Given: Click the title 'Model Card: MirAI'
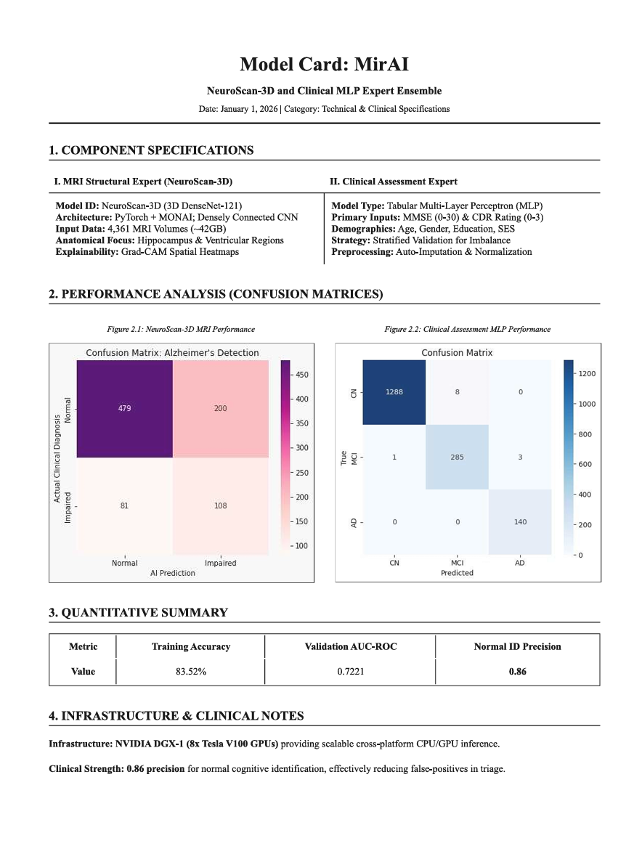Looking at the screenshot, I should pyautogui.click(x=324, y=65).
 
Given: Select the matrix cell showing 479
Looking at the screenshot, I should pyautogui.click(x=124, y=408).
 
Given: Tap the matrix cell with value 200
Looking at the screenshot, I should pyautogui.click(x=220, y=408).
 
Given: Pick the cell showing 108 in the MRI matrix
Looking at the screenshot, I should pyautogui.click(x=220, y=505).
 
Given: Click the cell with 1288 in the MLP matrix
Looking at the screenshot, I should pyautogui.click(x=394, y=391).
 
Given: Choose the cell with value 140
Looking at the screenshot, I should pyautogui.click(x=520, y=522).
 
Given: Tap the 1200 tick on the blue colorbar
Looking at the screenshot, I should pyautogui.click(x=587, y=373).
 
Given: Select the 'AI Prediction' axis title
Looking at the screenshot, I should pyautogui.click(x=172, y=573).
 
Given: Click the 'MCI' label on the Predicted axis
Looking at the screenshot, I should pyautogui.click(x=457, y=563).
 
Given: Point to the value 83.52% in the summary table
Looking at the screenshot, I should pyautogui.click(x=191, y=672).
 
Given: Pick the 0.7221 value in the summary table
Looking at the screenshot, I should pyautogui.click(x=350, y=672).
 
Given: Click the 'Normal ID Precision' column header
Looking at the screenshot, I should pyautogui.click(x=517, y=646).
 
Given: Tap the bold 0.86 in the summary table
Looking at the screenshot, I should pyautogui.click(x=517, y=672).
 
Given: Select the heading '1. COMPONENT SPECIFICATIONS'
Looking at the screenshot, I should pyautogui.click(x=151, y=150).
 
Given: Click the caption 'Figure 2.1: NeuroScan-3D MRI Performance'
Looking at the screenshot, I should pyautogui.click(x=181, y=329).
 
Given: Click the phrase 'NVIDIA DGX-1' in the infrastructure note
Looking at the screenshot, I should pyautogui.click(x=141, y=744).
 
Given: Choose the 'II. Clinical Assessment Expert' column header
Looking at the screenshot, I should pyautogui.click(x=394, y=181).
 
